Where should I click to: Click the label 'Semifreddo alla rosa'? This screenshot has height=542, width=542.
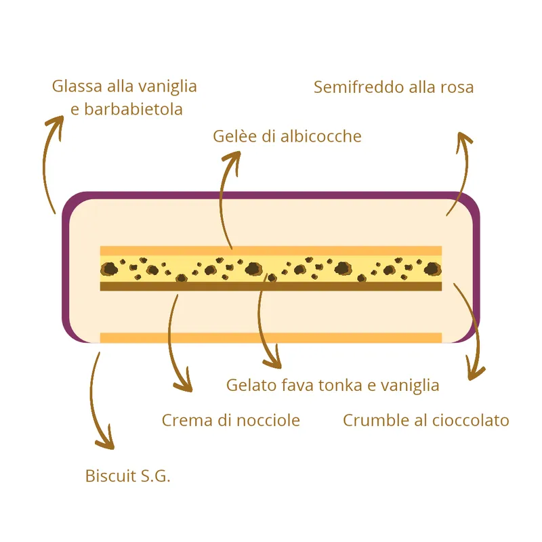[394, 87]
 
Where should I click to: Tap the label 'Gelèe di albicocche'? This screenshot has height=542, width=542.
[287, 136]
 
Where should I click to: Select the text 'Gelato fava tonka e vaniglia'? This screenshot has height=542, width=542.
[333, 385]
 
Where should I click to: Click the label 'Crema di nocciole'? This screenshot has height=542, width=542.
[231, 421]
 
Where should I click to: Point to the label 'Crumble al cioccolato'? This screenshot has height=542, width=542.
[426, 421]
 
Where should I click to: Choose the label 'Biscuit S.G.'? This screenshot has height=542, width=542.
[128, 476]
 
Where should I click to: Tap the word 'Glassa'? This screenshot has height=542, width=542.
[77, 87]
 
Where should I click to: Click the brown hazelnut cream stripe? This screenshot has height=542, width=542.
[271, 286]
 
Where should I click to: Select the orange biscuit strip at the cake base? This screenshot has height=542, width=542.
[271, 337]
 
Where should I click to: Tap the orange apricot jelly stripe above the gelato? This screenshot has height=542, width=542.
[271, 251]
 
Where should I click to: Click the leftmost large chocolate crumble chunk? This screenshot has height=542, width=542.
[110, 268]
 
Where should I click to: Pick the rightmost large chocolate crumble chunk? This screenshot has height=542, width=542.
[432, 268]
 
